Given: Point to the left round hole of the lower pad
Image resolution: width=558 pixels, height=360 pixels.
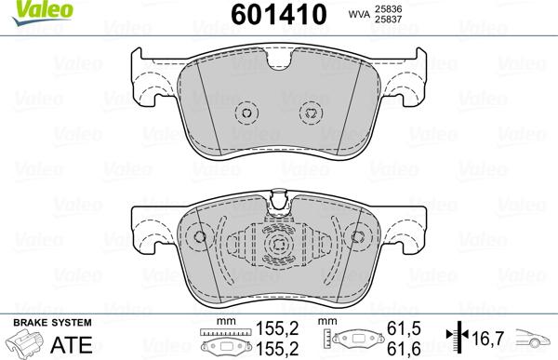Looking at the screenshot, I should tap(201, 237).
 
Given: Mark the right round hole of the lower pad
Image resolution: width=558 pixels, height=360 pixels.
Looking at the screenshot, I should tap(354, 237).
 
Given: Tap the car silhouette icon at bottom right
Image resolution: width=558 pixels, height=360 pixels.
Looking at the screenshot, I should tap(535, 339).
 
